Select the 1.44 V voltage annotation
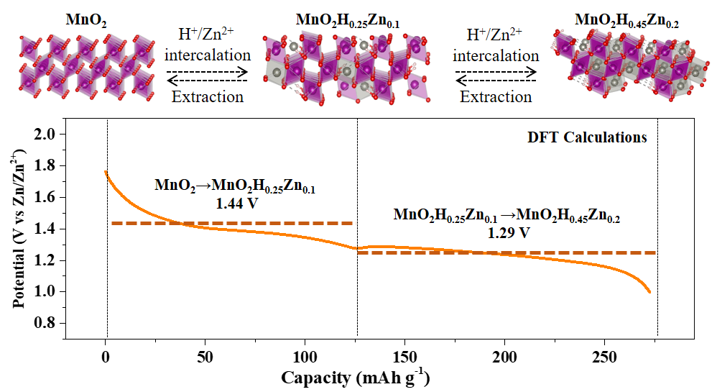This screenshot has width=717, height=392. (x=236, y=204)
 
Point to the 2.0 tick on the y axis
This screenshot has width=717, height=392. (x=46, y=135)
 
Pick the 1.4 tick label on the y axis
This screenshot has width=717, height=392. (x=46, y=229)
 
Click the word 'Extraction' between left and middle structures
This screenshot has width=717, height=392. (x=208, y=96)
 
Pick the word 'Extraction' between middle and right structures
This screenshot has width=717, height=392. (x=496, y=96)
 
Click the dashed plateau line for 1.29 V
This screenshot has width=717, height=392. (x=506, y=252)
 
